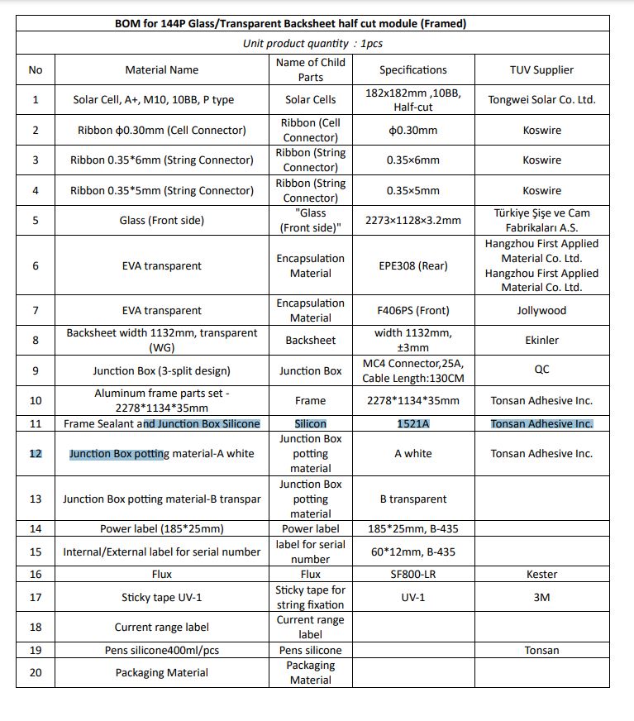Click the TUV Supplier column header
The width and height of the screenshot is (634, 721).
click(542, 69)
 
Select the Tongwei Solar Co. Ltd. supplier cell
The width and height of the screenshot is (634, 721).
click(542, 99)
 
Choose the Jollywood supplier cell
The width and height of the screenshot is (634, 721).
click(542, 310)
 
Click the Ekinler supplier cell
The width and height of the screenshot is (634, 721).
click(542, 340)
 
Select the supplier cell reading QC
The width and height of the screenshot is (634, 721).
click(542, 370)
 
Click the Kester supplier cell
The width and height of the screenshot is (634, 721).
click(542, 574)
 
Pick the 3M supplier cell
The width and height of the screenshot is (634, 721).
click(542, 597)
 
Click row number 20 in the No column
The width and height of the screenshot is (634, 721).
click(35, 672)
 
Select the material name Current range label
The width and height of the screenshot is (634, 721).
click(162, 627)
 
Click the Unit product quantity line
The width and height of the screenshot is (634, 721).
click(312, 43)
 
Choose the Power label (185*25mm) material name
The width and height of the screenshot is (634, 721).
click(162, 528)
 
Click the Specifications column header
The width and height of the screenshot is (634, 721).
click(412, 69)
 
